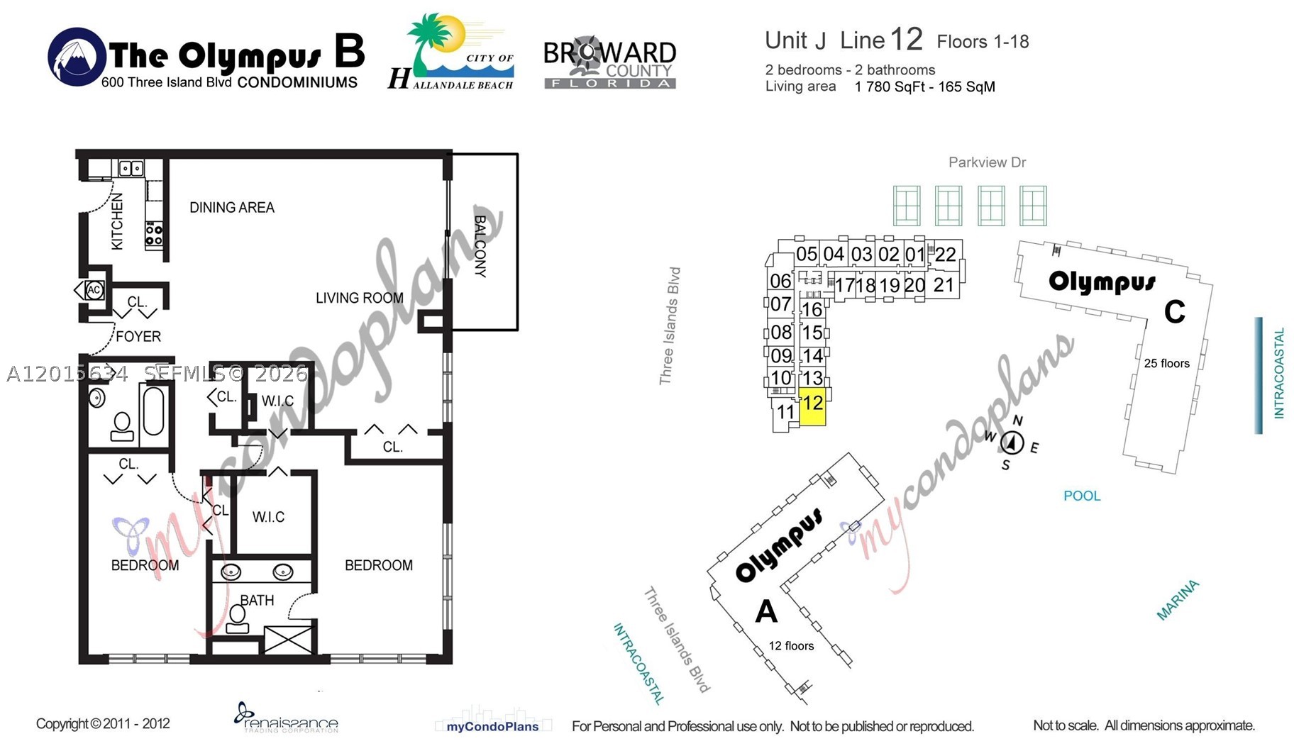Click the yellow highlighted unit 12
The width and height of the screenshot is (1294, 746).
pos(812,407)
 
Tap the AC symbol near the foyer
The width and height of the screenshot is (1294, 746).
pos(93,290)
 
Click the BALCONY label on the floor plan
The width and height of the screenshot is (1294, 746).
pos(480,246)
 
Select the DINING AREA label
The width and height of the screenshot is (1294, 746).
pos(232,208)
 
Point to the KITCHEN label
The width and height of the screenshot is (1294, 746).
pos(117,221)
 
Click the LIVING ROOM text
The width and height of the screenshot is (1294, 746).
pos(360,298)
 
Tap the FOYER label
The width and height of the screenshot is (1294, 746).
pos(138,336)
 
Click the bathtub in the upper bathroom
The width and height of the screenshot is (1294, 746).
pos(153,410)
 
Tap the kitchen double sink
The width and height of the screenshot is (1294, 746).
pos(131,168)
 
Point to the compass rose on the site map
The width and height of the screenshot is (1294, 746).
pos(1012,443)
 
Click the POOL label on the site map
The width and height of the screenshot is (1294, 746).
pos(1082,496)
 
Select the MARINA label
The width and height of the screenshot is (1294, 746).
pos(1178,600)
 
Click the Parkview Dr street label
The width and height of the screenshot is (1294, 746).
pos(987,162)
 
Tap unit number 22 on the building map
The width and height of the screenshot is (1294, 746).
pos(945,255)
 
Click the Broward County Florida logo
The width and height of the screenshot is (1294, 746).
pos(609,63)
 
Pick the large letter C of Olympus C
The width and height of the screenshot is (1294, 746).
pos(1174,312)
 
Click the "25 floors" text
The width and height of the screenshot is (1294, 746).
pos(1166,363)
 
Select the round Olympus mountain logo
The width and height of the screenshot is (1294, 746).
pos(77,57)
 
